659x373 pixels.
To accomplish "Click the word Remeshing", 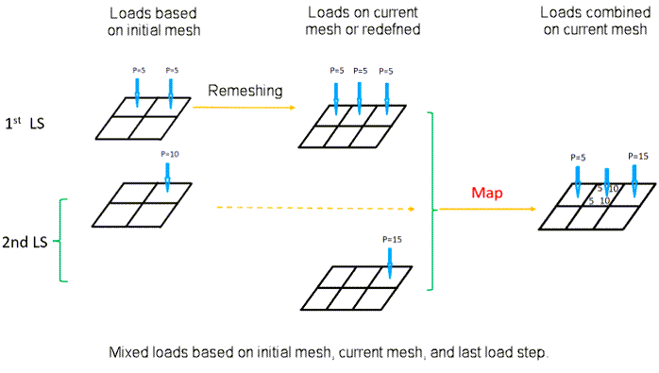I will pyautogui.click(x=245, y=90).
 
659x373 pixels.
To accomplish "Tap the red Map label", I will pyautogui.click(x=488, y=193).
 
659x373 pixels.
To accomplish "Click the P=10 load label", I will pyautogui.click(x=169, y=154).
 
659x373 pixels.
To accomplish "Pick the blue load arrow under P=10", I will pyautogui.click(x=167, y=176).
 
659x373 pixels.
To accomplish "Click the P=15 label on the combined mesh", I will pyautogui.click(x=639, y=156).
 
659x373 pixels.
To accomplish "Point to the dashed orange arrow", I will pyautogui.click(x=312, y=208).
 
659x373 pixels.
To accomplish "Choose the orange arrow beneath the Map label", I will pyautogui.click(x=486, y=209).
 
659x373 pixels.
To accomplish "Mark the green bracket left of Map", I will pyautogui.click(x=431, y=200).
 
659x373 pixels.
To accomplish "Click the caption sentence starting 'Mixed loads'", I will pyautogui.click(x=329, y=352).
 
